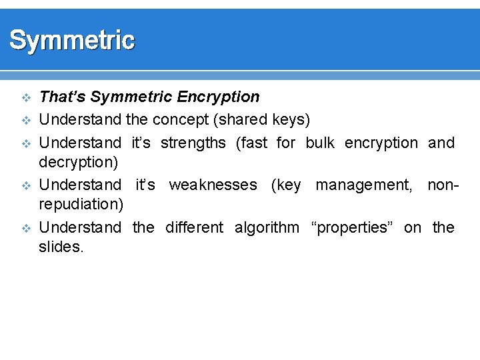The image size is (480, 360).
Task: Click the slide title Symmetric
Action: pos(72,41)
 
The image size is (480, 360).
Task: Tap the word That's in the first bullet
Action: pos(63,97)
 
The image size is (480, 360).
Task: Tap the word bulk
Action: pos(320,143)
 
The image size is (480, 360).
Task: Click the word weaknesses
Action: pos(213,184)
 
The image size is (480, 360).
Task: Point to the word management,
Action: pos(364,184)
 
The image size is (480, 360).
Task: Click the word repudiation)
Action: pos(81,205)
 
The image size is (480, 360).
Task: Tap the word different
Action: pos(194,227)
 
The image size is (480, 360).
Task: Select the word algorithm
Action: pos(267,227)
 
